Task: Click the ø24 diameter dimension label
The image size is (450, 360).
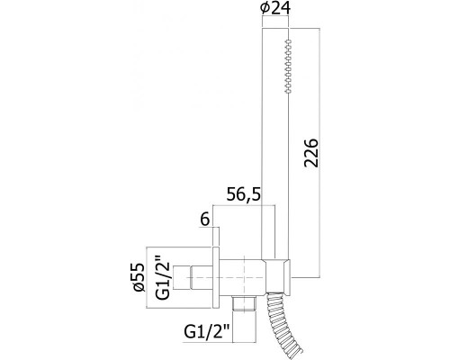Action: point(275,8)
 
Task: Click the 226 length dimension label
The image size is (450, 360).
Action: point(311,153)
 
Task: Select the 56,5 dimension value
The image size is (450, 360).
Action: point(244,194)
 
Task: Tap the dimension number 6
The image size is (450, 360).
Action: point(204,220)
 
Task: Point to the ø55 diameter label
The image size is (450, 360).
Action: point(139,277)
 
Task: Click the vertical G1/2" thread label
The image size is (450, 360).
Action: point(163,277)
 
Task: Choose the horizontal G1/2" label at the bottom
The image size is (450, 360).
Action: point(207,332)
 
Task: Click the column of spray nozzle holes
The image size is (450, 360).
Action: point(288,66)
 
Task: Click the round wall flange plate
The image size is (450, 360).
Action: point(216,277)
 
